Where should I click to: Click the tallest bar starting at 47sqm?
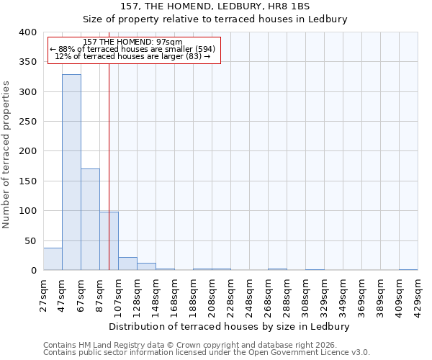point(71,173)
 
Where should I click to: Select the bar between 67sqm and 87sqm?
point(90,220)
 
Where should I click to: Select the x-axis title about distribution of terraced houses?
point(230,326)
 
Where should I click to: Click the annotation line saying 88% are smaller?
point(132,49)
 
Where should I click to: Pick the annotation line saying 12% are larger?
point(132,56)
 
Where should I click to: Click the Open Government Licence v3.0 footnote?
point(207,353)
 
